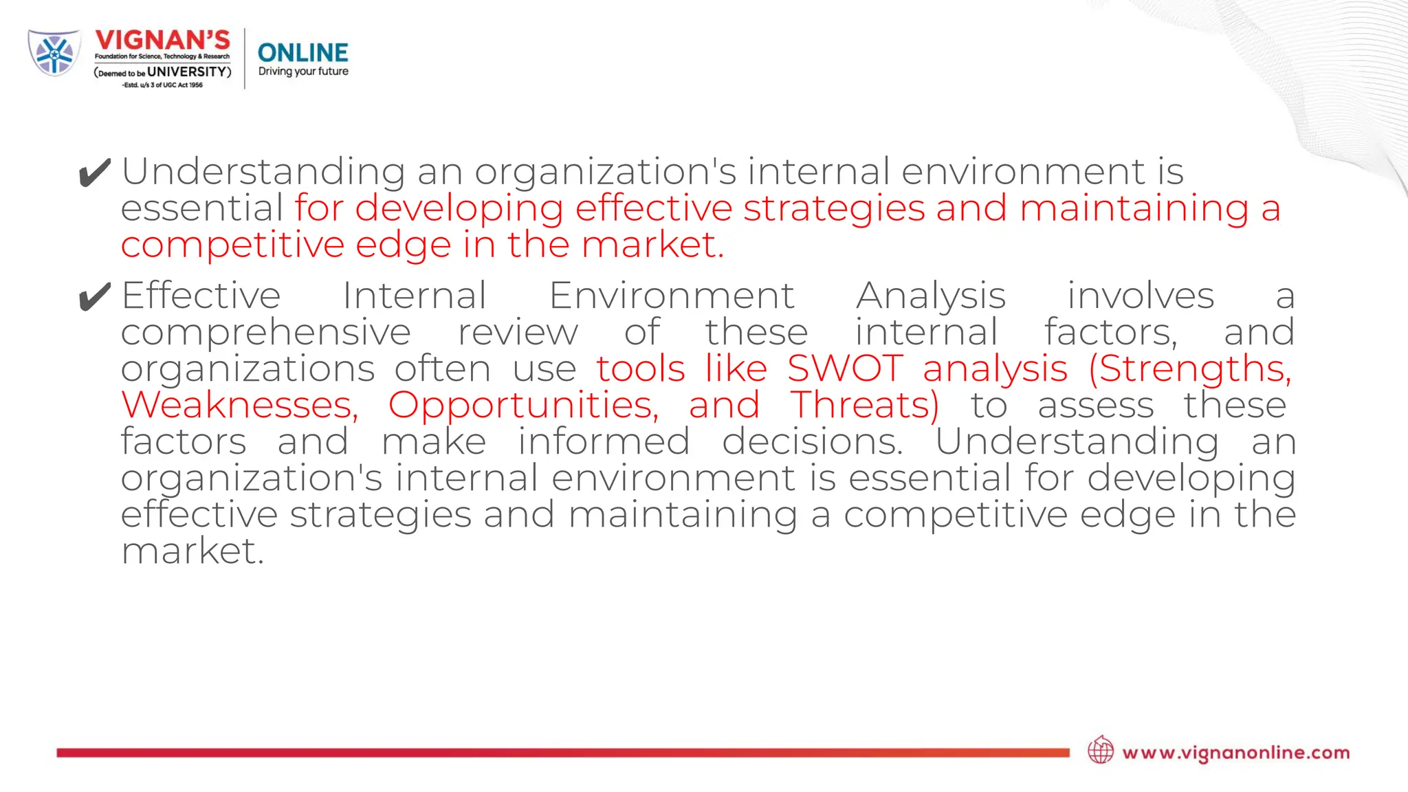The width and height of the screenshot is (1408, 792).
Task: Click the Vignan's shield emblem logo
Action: click(x=54, y=53)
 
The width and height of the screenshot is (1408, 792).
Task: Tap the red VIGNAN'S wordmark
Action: click(x=162, y=41)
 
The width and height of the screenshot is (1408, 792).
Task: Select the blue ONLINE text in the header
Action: click(x=302, y=53)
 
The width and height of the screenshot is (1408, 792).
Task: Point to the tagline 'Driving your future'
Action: click(x=303, y=71)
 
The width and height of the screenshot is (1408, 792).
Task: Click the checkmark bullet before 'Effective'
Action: click(x=94, y=297)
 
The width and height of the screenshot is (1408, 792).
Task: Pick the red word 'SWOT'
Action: click(x=845, y=368)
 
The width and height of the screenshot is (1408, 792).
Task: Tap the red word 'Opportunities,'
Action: click(x=523, y=405)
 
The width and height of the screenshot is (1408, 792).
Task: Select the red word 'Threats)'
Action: click(x=865, y=405)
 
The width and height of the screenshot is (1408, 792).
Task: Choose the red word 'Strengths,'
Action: click(x=1191, y=368)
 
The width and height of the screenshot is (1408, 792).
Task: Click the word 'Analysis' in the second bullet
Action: click(x=931, y=296)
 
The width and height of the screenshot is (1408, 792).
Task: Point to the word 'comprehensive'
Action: click(x=266, y=333)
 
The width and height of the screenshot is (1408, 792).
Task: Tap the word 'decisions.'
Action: click(x=812, y=441)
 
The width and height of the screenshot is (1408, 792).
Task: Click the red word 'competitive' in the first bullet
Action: click(x=232, y=245)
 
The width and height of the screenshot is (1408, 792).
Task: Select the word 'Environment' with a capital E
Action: click(x=672, y=296)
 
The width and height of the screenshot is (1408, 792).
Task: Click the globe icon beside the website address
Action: click(x=1101, y=750)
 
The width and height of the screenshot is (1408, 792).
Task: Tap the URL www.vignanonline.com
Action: click(x=1235, y=753)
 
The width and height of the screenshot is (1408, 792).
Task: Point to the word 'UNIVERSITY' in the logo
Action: click(x=186, y=71)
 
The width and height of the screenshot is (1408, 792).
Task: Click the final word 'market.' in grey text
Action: click(x=192, y=551)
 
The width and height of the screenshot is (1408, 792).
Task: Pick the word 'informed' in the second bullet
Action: click(x=604, y=441)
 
